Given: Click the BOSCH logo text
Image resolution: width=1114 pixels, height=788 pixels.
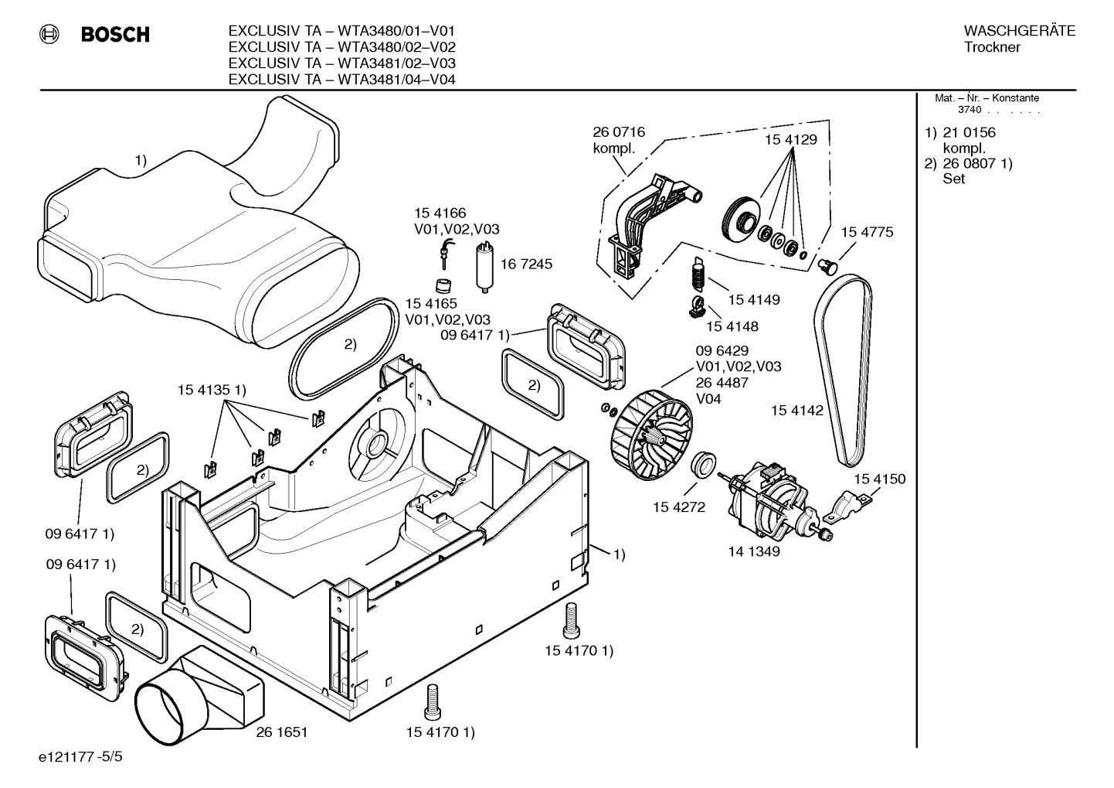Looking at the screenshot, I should [115, 35].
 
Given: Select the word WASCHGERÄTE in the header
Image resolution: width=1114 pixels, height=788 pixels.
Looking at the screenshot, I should [1019, 31].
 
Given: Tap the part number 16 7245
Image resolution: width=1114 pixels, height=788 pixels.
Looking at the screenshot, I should [526, 264].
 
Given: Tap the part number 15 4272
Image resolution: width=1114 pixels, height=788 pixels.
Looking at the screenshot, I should [678, 507].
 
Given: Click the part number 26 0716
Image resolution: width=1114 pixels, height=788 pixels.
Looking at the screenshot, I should [618, 132].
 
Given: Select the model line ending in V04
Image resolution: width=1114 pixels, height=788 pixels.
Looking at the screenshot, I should [341, 79].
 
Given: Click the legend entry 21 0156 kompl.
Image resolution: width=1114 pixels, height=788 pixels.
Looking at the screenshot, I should [968, 140].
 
